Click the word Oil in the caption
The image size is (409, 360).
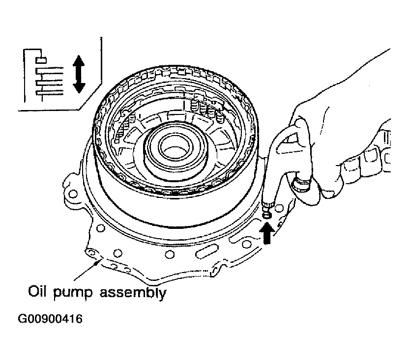(x=37, y=292)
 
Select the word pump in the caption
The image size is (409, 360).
(x=73, y=294)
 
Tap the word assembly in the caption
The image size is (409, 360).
(x=133, y=293)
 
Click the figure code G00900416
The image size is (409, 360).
(x=50, y=319)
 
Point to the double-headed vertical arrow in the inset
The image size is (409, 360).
(x=79, y=74)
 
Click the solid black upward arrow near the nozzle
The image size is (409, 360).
(x=266, y=233)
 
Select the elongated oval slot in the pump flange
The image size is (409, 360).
(x=206, y=251)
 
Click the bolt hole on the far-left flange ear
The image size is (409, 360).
(x=74, y=194)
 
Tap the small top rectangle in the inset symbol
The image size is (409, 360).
(x=41, y=60)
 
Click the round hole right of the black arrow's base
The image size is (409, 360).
(x=279, y=208)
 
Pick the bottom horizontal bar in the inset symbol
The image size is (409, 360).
(x=50, y=92)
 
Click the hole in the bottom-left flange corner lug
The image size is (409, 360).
(x=91, y=253)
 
